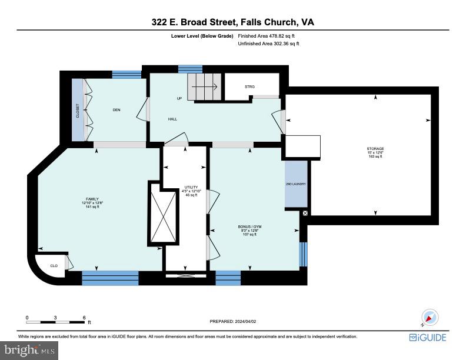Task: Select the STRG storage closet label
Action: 249,86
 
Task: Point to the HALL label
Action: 172,119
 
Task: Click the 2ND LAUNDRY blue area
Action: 295,184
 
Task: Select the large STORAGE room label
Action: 375,149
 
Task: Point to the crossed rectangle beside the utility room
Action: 163,214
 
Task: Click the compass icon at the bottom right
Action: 431,318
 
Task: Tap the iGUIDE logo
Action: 428,337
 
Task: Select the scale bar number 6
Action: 84,318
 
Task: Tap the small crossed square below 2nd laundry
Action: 305,214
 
